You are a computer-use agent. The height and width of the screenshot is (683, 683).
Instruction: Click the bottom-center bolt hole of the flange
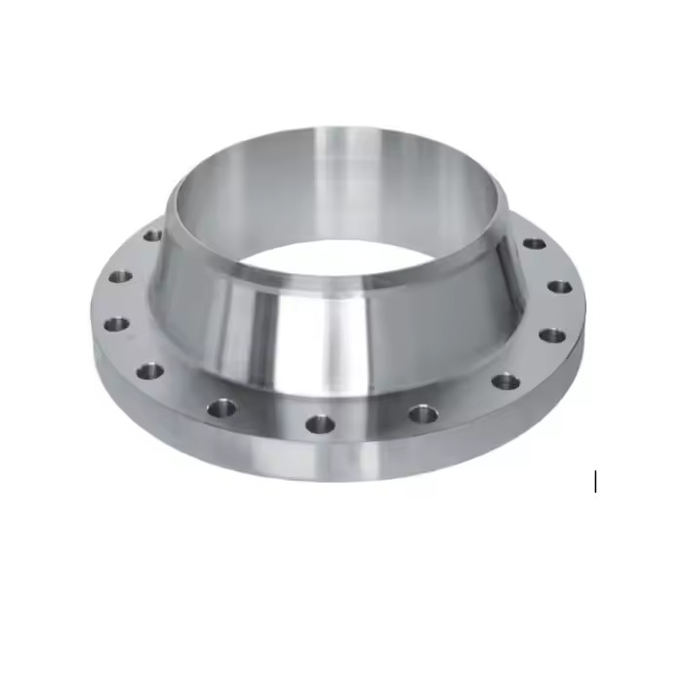[320, 423]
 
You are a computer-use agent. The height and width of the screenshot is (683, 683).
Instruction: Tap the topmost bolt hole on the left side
[152, 235]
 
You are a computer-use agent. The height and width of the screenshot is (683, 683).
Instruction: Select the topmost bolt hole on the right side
[534, 243]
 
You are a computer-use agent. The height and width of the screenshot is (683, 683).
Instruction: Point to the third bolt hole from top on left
[116, 323]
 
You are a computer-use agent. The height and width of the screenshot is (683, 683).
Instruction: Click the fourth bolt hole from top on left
[149, 371]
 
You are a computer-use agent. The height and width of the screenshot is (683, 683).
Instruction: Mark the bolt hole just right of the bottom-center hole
[422, 414]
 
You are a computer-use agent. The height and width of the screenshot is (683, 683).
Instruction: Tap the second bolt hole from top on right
[559, 287]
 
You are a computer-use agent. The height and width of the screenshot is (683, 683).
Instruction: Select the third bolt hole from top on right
[552, 335]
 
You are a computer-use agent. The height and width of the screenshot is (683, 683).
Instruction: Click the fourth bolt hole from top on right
[505, 382]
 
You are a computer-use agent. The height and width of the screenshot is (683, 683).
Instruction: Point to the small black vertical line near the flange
[595, 481]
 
